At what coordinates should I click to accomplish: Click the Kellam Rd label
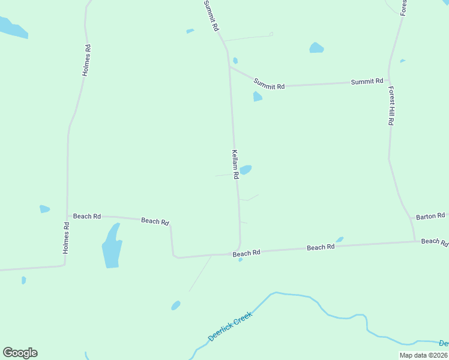coord(236,164)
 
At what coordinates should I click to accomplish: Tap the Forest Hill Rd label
coord(391,105)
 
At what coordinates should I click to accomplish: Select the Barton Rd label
coord(430,215)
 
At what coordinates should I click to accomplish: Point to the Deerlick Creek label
coord(230,326)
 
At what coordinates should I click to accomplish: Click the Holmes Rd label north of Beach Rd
coord(86,59)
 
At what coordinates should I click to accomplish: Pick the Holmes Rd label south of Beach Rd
coord(67,237)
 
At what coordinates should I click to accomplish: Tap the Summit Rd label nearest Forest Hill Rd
coord(367,81)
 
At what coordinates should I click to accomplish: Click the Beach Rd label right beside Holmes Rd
coord(87,216)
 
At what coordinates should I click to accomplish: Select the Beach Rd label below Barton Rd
coord(434,241)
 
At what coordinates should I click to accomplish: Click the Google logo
coord(20,353)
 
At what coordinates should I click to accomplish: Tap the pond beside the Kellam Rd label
coord(246,170)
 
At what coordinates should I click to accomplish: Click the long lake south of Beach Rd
coord(111,247)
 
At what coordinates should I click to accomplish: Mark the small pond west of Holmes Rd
coord(44,209)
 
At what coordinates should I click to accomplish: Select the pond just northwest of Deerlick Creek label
coord(175,305)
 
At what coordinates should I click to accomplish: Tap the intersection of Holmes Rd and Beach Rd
coord(67,215)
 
